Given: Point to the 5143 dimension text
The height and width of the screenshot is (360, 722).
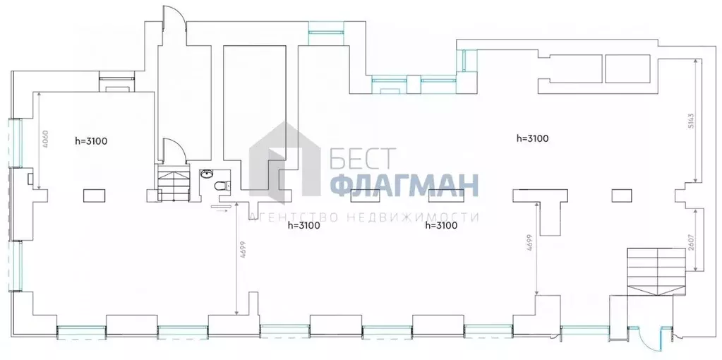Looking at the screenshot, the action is click(691, 121).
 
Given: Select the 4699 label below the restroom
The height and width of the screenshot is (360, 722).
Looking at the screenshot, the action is click(242, 251).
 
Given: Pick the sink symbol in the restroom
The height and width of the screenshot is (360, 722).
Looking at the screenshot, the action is click(207, 174).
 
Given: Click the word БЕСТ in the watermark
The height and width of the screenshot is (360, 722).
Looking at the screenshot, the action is click(363, 158).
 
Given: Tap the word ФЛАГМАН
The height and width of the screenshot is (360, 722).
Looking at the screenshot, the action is click(404, 186).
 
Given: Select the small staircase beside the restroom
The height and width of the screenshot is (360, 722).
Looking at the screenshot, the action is click(174, 183).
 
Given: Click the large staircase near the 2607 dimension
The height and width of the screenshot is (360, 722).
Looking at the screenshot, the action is click(657, 272).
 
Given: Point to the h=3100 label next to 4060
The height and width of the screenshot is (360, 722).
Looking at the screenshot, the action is click(91, 141).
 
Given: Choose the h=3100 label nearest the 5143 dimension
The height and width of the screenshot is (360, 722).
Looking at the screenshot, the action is click(532, 138).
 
